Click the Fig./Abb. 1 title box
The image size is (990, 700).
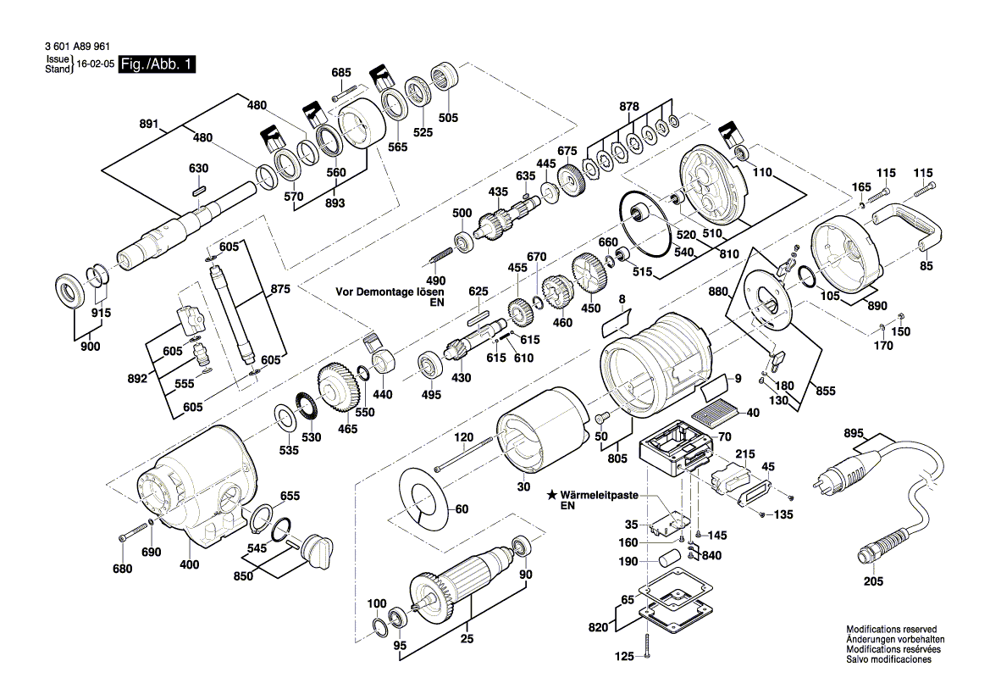(x=158, y=64)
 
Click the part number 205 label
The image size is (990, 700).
(x=873, y=581)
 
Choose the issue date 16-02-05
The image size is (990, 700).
(x=95, y=64)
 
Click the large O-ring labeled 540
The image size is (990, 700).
(x=650, y=225)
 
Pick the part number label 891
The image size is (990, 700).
(x=149, y=124)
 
